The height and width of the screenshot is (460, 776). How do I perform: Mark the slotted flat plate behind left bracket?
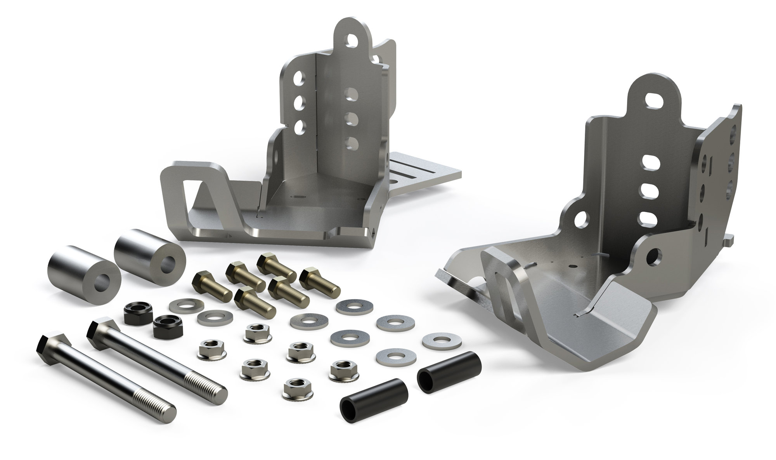(423, 172)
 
